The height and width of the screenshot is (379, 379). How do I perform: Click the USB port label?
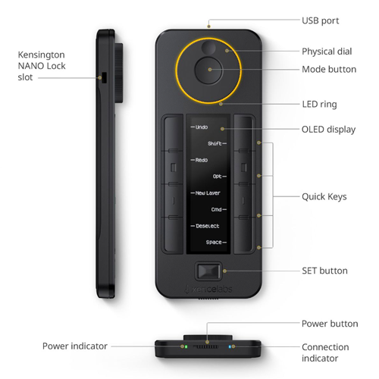tap(321, 20)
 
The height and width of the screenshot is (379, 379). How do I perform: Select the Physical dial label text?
tap(327, 52)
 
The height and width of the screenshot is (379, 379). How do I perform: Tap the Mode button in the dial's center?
tap(208, 70)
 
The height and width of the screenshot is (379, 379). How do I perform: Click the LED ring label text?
tap(319, 105)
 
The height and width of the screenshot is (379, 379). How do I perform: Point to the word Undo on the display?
tap(202, 127)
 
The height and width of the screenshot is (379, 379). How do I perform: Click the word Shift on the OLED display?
tap(215, 143)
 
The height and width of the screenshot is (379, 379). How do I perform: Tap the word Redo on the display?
tap(202, 160)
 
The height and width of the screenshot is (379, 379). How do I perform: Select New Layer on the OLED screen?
tap(208, 193)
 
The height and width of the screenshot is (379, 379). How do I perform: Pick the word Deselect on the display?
tap(208, 226)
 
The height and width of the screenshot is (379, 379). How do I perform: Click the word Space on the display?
tap(214, 243)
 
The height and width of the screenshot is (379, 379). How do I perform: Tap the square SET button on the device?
tap(208, 271)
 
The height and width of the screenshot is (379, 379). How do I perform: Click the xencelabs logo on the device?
tap(208, 289)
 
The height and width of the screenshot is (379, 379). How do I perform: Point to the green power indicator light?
tap(186, 346)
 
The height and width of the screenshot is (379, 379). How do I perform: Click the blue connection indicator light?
tap(230, 346)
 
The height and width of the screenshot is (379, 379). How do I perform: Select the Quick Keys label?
tap(324, 197)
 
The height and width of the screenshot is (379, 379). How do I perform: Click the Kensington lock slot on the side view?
tap(104, 77)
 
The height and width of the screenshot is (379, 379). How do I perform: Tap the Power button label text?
tap(330, 324)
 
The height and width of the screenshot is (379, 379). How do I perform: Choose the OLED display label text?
tap(328, 130)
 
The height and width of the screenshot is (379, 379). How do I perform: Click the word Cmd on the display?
tap(216, 209)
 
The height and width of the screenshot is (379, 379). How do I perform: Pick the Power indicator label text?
tap(75, 346)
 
